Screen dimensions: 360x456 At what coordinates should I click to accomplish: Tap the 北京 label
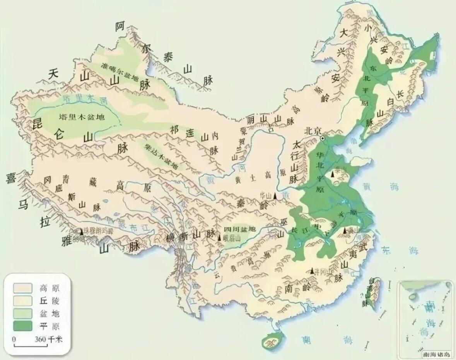click(x=313, y=130)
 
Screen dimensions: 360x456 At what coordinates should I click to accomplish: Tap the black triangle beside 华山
click(x=275, y=196)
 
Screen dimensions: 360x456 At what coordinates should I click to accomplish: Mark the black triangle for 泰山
click(x=332, y=175)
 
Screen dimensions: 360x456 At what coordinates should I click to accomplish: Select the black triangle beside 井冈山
click(x=313, y=271)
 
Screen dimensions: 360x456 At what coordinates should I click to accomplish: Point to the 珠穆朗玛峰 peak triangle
click(x=82, y=231)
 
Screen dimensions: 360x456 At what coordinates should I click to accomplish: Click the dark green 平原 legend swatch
click(x=23, y=326)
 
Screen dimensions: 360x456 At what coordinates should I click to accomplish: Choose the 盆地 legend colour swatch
click(x=23, y=313)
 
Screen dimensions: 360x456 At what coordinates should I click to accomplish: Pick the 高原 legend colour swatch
click(x=23, y=288)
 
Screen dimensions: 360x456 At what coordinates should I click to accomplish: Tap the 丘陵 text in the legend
click(x=50, y=300)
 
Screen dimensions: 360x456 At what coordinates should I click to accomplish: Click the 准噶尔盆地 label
click(x=120, y=72)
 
